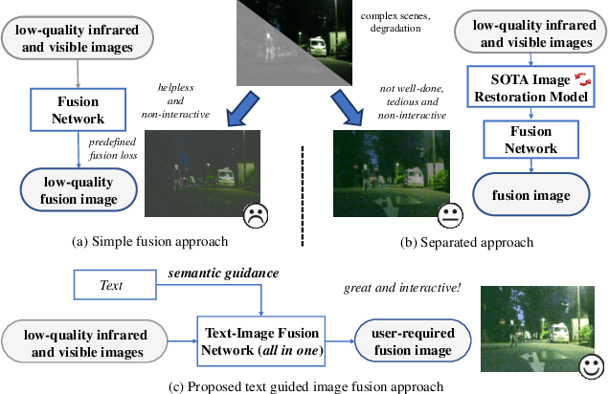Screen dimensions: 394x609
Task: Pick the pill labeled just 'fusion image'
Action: [x=532, y=195]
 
